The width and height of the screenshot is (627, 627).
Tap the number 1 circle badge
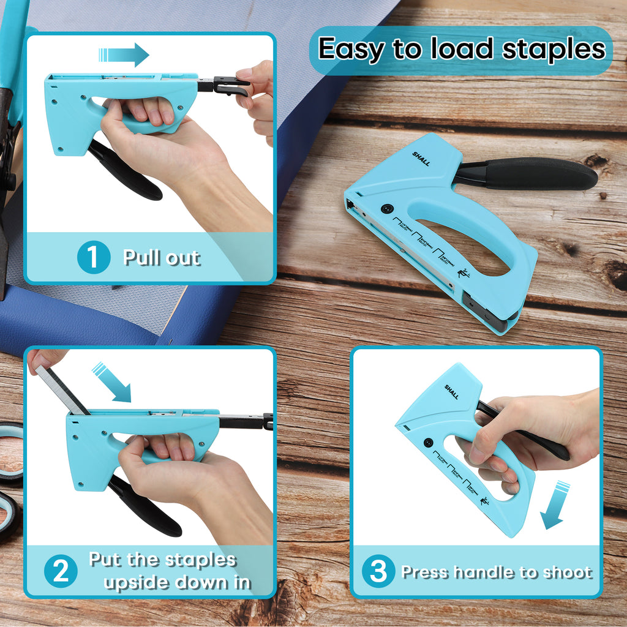93,257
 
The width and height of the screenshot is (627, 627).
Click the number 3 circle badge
378,571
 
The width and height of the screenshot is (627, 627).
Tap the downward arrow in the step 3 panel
555,505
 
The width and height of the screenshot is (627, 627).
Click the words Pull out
162,257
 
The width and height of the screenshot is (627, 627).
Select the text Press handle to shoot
496,572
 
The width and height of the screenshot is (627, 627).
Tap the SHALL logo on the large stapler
421,160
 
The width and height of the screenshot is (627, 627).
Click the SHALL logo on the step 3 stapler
452,392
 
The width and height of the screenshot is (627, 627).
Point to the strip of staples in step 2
62,389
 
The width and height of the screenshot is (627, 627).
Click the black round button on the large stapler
386,209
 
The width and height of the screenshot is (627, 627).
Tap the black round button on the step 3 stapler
428,442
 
